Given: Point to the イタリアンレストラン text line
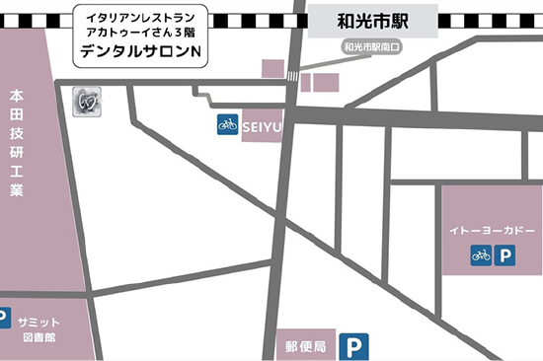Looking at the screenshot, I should point(141,18).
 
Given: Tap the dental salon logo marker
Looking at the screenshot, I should point(86,100).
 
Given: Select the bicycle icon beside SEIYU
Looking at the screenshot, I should point(227,125).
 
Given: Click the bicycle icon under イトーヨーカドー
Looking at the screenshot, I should point(481,255).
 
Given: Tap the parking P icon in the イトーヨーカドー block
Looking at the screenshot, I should point(505,255).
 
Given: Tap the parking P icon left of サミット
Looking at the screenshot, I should point(5,320).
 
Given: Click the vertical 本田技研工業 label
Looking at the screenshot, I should point(16,142).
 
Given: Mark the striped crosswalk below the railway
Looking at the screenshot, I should point(291,76).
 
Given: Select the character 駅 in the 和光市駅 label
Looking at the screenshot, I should point(398,19).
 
